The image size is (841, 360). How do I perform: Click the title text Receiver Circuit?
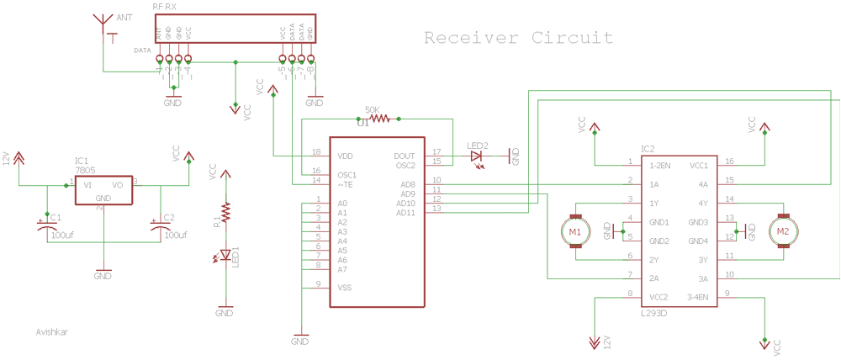click(518, 38)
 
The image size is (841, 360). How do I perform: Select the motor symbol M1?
click(574, 231)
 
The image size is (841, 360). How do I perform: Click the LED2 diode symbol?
click(477, 156)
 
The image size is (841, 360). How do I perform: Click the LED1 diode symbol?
click(225, 255)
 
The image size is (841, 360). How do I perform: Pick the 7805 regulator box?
click(103, 191)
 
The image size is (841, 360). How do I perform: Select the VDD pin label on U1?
click(345, 156)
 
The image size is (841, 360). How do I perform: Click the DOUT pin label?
click(404, 156)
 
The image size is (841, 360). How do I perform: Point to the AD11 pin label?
click(406, 212)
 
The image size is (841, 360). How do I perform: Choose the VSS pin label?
click(344, 287)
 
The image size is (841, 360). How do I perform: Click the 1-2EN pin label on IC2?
click(659, 165)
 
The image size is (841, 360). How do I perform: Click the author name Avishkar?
click(52, 331)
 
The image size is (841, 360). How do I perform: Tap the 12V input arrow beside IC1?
click(19, 159)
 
